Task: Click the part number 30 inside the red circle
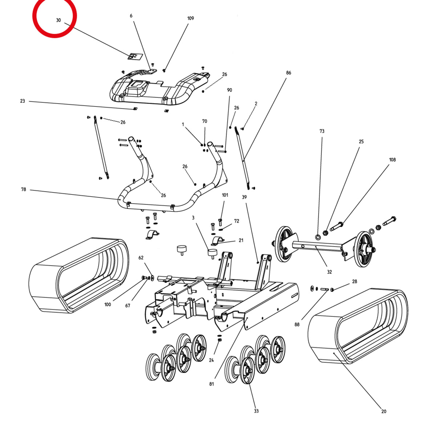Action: click(x=58, y=20)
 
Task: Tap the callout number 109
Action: click(x=190, y=18)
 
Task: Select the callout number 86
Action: click(x=288, y=73)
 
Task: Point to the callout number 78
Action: click(x=24, y=189)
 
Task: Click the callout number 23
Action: click(x=23, y=101)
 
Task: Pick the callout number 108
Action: click(x=392, y=160)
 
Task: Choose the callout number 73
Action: click(x=322, y=131)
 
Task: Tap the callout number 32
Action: click(x=329, y=272)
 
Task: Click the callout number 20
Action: click(x=384, y=411)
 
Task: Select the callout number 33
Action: click(x=256, y=411)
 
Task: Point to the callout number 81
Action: click(x=211, y=384)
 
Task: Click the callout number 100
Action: click(x=108, y=304)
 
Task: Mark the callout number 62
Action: click(x=141, y=258)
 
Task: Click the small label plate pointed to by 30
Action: click(x=135, y=57)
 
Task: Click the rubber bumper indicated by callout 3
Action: click(x=212, y=254)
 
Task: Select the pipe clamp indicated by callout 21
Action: click(x=218, y=241)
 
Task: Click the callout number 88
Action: click(x=297, y=324)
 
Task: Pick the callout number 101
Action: click(x=225, y=195)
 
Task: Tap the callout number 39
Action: click(x=244, y=197)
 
